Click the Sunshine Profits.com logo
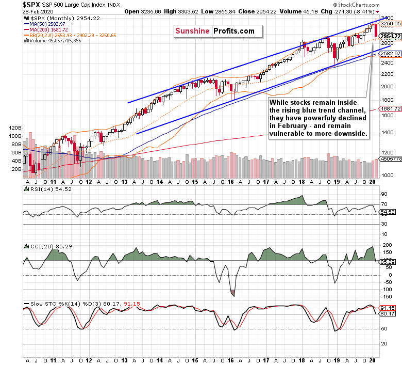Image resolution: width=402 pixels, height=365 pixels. pyautogui.click(x=215, y=31)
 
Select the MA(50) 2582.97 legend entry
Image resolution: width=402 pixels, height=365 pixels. pyautogui.click(x=46, y=24)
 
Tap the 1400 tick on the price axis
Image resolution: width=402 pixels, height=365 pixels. pyautogui.click(x=386, y=133)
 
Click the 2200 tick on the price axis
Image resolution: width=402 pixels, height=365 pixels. pyautogui.click(x=386, y=74)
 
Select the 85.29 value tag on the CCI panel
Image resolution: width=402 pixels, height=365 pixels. pyautogui.click(x=388, y=262)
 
